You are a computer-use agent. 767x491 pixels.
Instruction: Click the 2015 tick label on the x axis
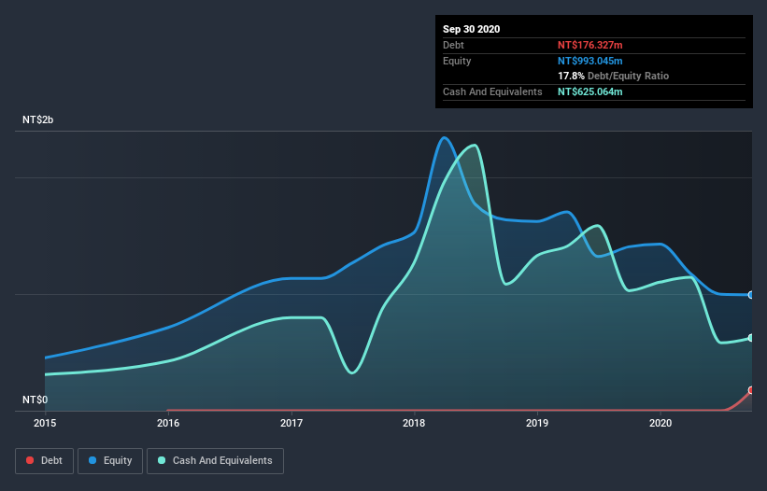pyautogui.click(x=45, y=423)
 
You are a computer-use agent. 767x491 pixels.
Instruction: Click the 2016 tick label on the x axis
pyautogui.click(x=168, y=423)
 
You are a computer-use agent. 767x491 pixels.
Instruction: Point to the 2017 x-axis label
pyautogui.click(x=291, y=423)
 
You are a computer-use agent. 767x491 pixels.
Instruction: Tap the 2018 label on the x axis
pyautogui.click(x=414, y=423)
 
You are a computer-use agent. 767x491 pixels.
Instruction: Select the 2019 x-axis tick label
pyautogui.click(x=537, y=423)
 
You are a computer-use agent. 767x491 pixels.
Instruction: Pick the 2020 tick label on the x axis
pyautogui.click(x=660, y=423)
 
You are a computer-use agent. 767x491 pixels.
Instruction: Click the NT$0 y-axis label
pyautogui.click(x=36, y=400)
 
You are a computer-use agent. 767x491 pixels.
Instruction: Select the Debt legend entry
pyautogui.click(x=44, y=460)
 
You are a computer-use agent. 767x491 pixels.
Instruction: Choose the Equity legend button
pyautogui.click(x=110, y=460)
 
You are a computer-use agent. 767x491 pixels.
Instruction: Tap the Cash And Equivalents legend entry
pyautogui.click(x=215, y=460)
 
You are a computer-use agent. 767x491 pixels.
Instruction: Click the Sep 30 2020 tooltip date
pyautogui.click(x=471, y=29)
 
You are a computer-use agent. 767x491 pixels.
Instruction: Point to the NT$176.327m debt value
pyautogui.click(x=589, y=45)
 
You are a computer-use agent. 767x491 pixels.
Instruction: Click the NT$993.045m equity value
pyautogui.click(x=589, y=61)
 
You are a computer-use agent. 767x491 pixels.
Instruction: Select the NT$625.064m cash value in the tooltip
pyautogui.click(x=589, y=91)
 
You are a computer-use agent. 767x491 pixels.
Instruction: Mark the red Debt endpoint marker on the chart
pyautogui.click(x=750, y=390)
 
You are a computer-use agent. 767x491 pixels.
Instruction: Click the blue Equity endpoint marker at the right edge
pyautogui.click(x=750, y=295)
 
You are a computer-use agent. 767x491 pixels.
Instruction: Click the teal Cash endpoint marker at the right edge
pyautogui.click(x=750, y=338)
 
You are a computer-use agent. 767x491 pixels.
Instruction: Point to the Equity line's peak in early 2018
pyautogui.click(x=445, y=138)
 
